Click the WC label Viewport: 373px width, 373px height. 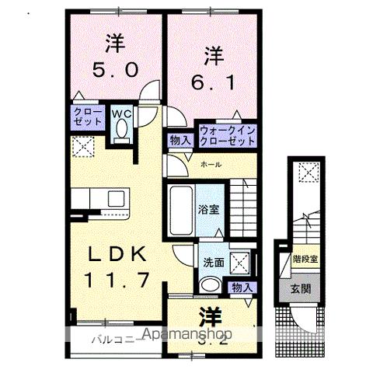[x=122, y=114]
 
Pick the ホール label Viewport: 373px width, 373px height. [x=210, y=164]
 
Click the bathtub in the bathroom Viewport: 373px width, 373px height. [x=180, y=210]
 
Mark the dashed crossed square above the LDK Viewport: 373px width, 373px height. [x=83, y=145]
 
